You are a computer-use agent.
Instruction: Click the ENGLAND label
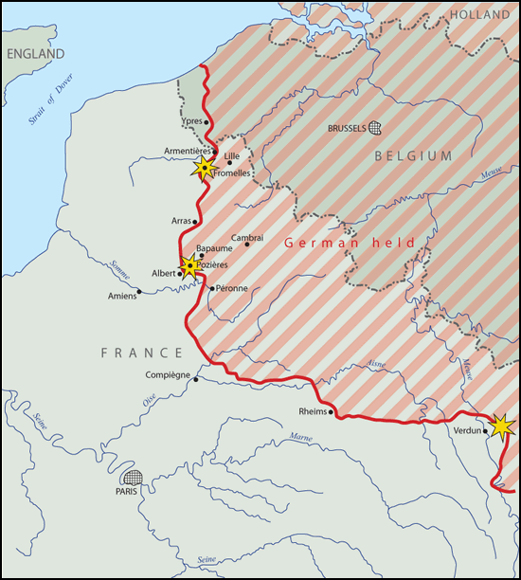[36, 54]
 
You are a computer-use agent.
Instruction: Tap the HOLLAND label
[479, 15]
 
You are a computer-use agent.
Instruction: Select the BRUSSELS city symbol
[375, 128]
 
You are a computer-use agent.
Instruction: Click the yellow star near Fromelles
[204, 169]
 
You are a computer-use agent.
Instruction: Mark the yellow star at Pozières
[189, 266]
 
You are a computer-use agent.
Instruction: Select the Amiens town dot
[139, 291]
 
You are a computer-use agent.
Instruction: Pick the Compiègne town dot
[195, 378]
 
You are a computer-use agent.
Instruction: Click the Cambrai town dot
[247, 245]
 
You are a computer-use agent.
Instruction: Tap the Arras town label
[181, 221]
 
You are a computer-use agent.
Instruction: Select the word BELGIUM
[414, 156]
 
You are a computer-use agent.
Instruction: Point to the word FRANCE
[142, 353]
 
